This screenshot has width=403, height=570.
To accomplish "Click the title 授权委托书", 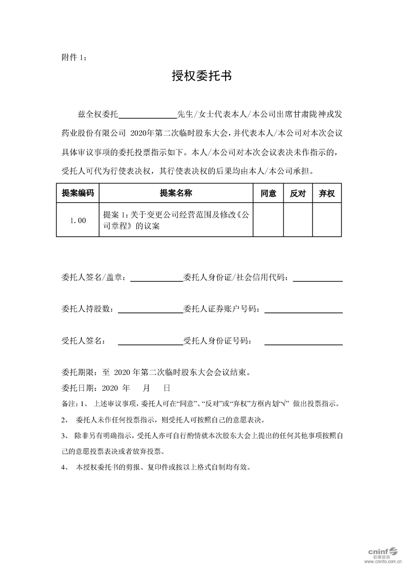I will pyautogui.click(x=202, y=76).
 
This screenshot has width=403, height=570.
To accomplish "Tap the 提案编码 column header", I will pyautogui.click(x=78, y=194).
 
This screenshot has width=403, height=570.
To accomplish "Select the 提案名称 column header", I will pyautogui.click(x=176, y=194).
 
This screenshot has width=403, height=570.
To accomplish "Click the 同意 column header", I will pyautogui.click(x=268, y=194).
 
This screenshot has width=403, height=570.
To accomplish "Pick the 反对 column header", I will pyautogui.click(x=297, y=194).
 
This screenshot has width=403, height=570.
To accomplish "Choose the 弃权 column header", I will pyautogui.click(x=327, y=194).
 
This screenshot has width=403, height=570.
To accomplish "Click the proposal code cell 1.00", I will pyautogui.click(x=78, y=220).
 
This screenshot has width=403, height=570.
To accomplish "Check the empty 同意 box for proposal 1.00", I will pyautogui.click(x=268, y=220).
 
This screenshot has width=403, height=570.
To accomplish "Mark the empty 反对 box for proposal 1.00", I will pyautogui.click(x=297, y=220).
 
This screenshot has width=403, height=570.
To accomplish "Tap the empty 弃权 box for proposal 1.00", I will pyautogui.click(x=327, y=220).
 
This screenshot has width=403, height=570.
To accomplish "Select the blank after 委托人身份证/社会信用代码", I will pyautogui.click(x=318, y=279).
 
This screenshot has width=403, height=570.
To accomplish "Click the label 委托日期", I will pyautogui.click(x=77, y=387).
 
